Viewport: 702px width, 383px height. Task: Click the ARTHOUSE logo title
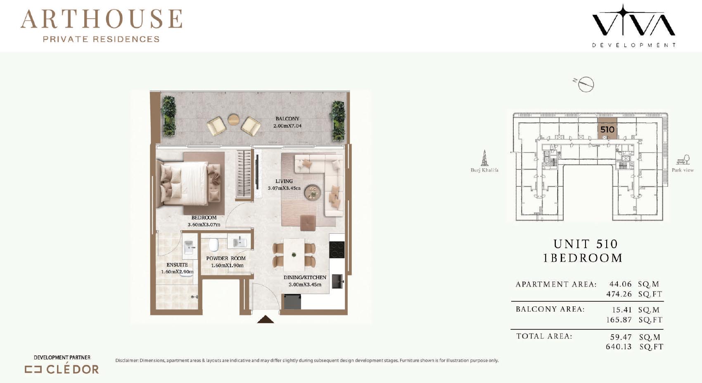(x=101, y=19)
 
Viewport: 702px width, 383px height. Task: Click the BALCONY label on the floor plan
(x=287, y=119)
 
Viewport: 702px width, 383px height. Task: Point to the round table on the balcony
(x=233, y=120)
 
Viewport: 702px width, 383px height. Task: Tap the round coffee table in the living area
(x=313, y=192)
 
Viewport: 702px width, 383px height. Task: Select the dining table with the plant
(x=294, y=255)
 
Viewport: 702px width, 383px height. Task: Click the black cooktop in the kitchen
(x=337, y=250)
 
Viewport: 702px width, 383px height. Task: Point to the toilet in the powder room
(x=213, y=245)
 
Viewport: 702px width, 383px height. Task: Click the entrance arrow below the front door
(x=266, y=319)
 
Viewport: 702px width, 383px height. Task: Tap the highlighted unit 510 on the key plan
(x=607, y=129)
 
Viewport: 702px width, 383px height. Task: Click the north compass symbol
(x=585, y=84)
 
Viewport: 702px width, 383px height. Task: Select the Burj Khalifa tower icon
(x=484, y=158)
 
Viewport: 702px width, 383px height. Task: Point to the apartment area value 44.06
(x=621, y=284)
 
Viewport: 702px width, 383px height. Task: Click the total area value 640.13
(x=619, y=347)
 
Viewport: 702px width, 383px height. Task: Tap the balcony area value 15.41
(x=622, y=310)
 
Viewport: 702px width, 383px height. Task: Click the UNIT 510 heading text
(x=586, y=244)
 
